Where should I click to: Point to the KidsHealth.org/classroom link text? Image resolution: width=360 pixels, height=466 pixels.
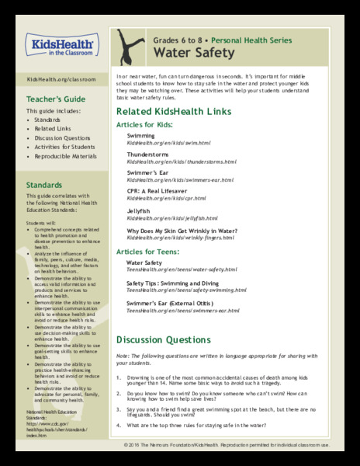[x=56, y=80]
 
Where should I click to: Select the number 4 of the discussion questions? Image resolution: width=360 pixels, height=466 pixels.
[x=119, y=426]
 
